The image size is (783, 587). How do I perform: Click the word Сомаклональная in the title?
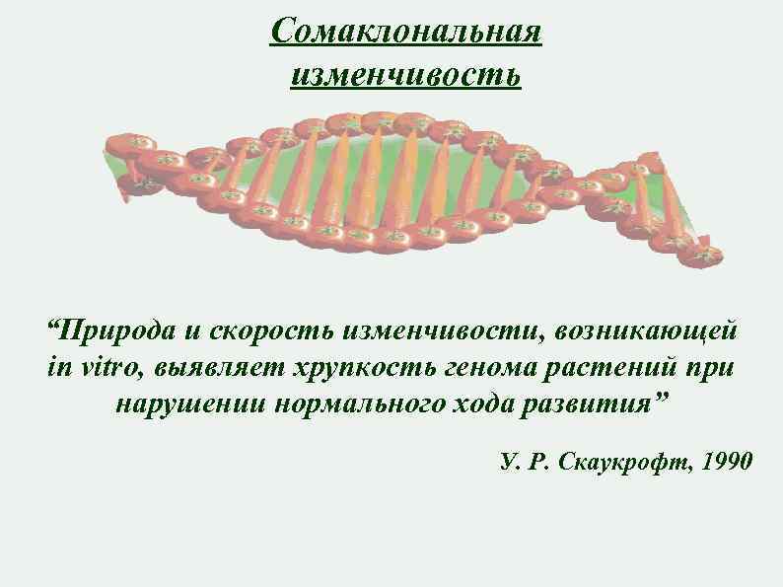click(x=406, y=32)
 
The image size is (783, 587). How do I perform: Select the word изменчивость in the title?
click(x=406, y=73)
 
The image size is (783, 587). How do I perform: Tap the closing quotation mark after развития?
click(x=660, y=399)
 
